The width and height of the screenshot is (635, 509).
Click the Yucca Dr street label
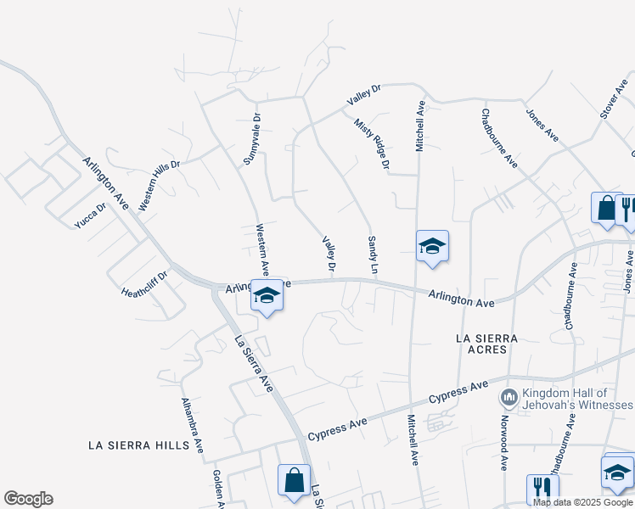click(90, 215)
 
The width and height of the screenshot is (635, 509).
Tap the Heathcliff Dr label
click(145, 280)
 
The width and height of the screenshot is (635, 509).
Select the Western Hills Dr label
click(160, 186)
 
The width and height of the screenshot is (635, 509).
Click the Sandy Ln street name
click(372, 255)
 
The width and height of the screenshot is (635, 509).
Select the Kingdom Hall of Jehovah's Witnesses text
click(565, 399)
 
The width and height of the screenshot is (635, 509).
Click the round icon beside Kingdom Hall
click(509, 397)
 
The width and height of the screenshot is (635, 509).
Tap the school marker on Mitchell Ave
click(432, 247)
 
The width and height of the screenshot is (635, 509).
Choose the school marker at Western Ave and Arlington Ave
click(267, 296)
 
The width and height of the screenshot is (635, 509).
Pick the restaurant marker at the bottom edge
click(542, 489)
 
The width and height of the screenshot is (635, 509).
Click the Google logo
click(28, 499)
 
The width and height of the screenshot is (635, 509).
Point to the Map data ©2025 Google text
click(582, 502)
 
